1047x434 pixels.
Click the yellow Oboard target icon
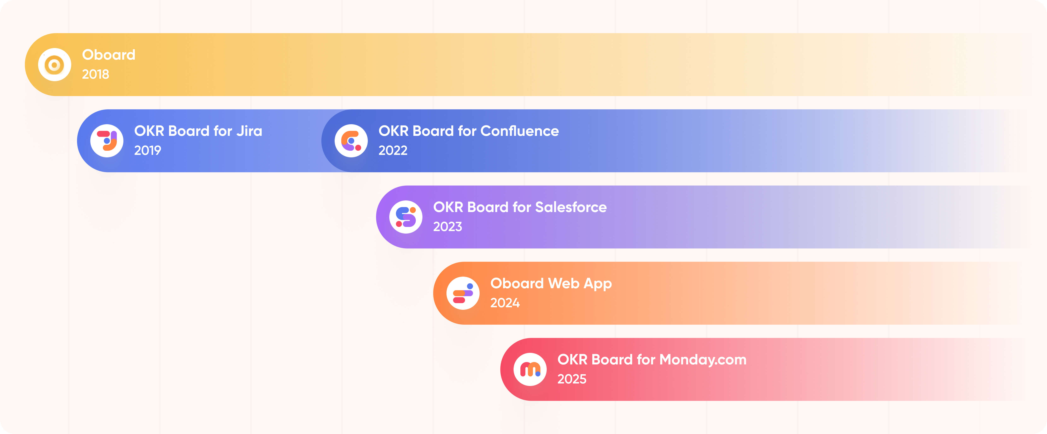click(54, 65)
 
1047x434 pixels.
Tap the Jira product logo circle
click(107, 141)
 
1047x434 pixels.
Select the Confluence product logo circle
click(351, 141)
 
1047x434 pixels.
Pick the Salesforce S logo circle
click(406, 217)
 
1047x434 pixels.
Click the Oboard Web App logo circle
click(463, 293)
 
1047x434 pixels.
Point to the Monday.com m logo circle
click(530, 369)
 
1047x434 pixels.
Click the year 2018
click(95, 74)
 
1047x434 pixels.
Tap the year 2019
click(147, 150)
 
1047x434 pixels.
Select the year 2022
click(393, 150)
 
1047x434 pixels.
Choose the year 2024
click(505, 303)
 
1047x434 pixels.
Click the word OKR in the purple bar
click(448, 207)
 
